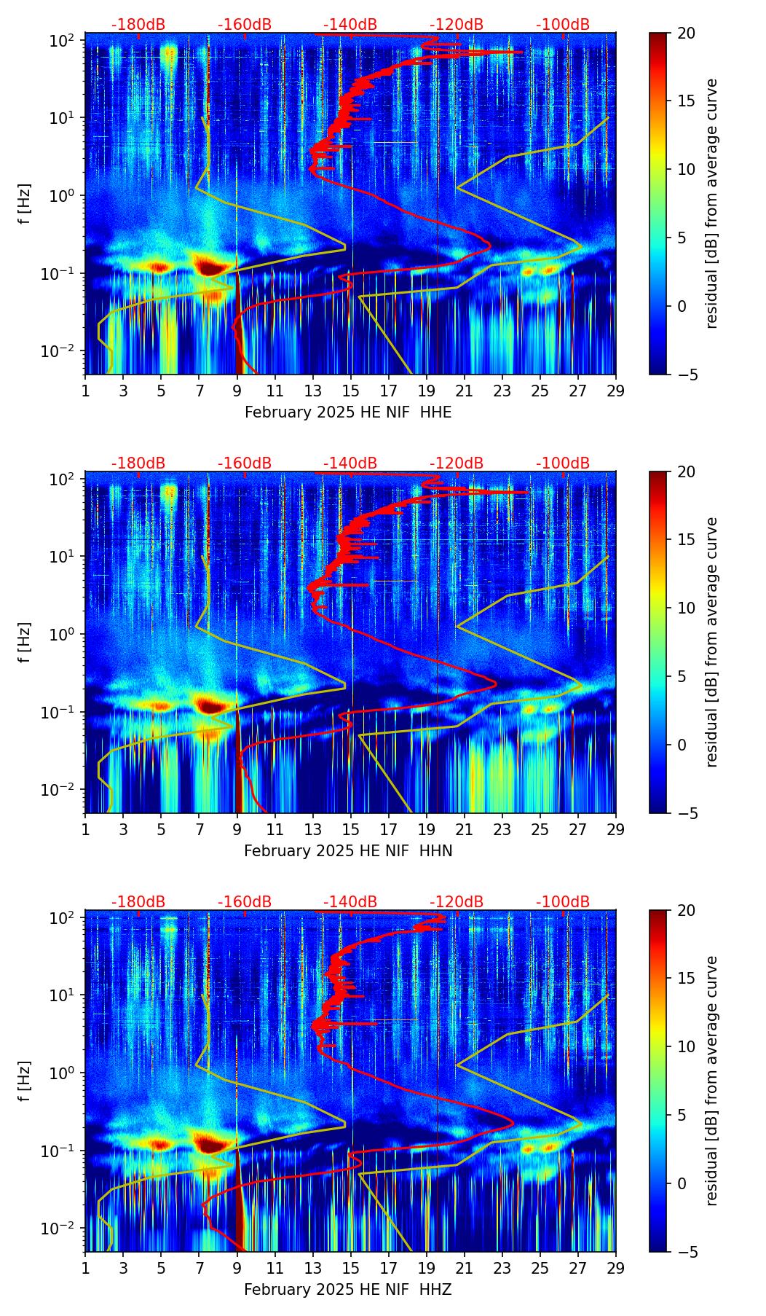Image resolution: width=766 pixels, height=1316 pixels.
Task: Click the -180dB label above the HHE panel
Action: coord(138,25)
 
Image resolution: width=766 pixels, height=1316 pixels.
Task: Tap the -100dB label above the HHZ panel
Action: coord(563,902)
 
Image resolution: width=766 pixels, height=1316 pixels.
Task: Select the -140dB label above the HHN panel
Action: coord(350,463)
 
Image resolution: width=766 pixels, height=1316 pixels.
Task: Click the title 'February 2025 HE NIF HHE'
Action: coord(348,412)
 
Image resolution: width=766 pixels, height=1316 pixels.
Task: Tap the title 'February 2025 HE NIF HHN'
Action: coord(348,851)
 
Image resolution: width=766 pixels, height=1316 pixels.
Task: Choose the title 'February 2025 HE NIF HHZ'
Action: coord(348,1290)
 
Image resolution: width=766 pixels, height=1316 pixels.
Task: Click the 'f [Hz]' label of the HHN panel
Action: coord(25,642)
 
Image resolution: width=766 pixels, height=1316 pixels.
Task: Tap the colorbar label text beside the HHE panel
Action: coord(711,203)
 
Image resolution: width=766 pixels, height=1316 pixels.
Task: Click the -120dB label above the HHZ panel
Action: coord(457,902)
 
